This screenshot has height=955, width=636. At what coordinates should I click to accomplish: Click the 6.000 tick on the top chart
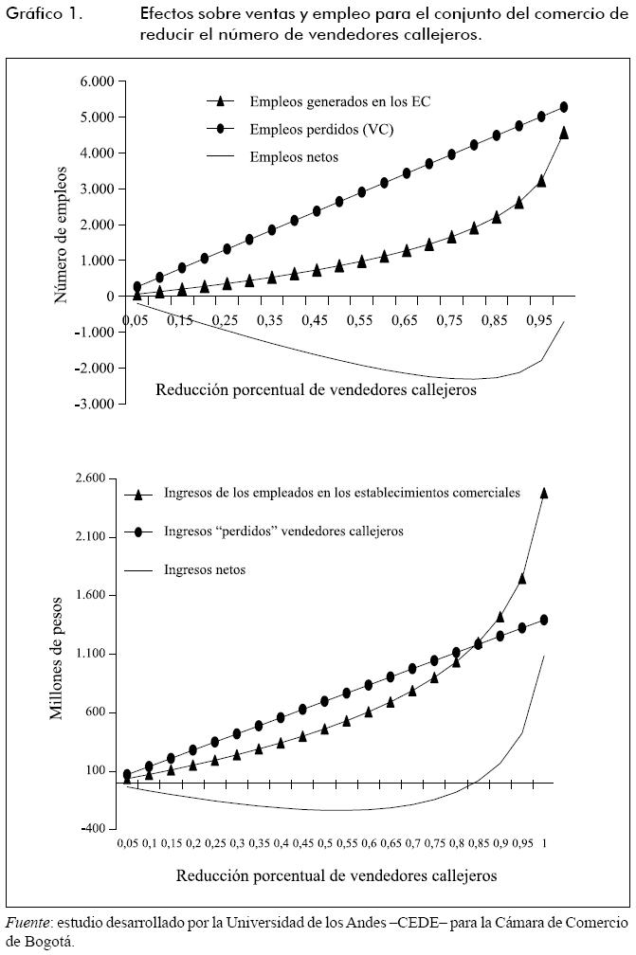[x=96, y=81]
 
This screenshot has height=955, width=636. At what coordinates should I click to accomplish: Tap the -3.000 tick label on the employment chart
[x=94, y=404]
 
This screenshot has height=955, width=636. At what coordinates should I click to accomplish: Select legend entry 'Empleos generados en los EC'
[x=339, y=100]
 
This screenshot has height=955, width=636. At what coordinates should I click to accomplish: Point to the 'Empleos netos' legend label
[x=294, y=156]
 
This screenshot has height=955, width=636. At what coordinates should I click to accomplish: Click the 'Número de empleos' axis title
[x=62, y=234]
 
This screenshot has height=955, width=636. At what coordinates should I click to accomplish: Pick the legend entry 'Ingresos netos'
[x=205, y=569]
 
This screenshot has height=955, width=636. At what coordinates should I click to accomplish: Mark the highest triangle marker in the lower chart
[x=544, y=493]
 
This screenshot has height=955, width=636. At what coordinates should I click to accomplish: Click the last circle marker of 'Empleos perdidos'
[x=564, y=107]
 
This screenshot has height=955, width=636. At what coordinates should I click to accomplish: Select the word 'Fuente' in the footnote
[x=27, y=922]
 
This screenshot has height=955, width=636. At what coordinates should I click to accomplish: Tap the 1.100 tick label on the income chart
[x=96, y=654]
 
